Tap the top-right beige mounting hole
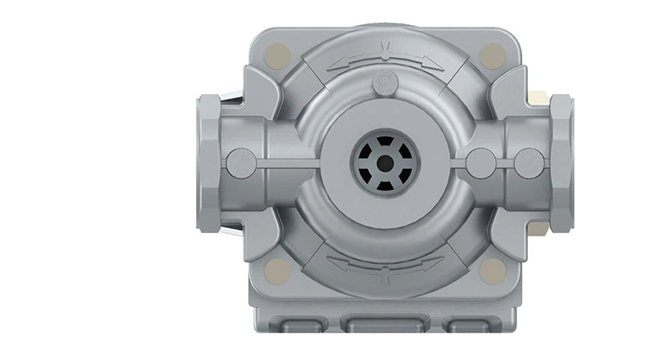click(x=493, y=56)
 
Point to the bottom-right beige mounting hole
click(x=493, y=270)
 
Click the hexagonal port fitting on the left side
click(x=209, y=164)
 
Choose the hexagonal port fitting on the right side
click(x=560, y=164)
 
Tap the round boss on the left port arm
click(x=242, y=163)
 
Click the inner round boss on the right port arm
click(x=481, y=163)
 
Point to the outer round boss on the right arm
click(x=529, y=163)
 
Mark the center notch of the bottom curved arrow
click(x=385, y=267)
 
